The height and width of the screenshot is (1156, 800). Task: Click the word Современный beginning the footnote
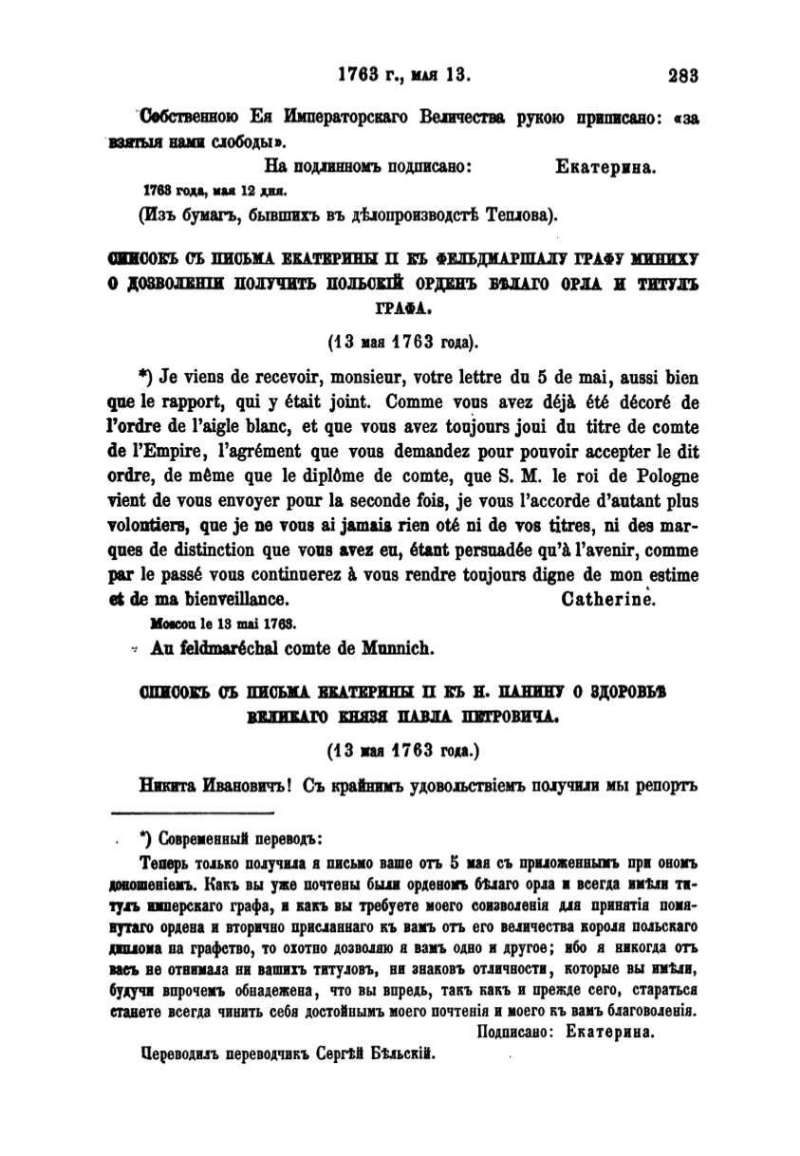coord(203,839)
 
